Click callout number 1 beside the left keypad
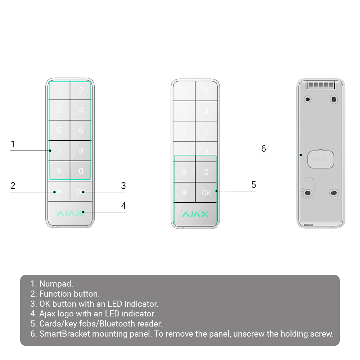pyautogui.click(x=13, y=144)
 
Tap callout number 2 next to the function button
pyautogui.click(x=13, y=185)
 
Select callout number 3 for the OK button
pyautogui.click(x=123, y=185)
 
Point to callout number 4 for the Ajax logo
pyautogui.click(x=123, y=206)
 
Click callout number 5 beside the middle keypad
pyautogui.click(x=253, y=185)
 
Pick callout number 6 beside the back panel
pyautogui.click(x=264, y=149)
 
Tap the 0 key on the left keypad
pyautogui.click(x=81, y=171)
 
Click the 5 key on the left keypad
pyautogui.click(x=59, y=130)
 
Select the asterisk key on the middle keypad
pyautogui.click(x=184, y=192)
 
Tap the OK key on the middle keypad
pyautogui.click(x=206, y=193)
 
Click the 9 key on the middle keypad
pyautogui.click(x=184, y=172)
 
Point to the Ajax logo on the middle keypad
pyautogui.click(x=195, y=214)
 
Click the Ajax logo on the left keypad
pyautogui.click(x=70, y=213)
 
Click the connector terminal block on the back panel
pyautogui.click(x=321, y=85)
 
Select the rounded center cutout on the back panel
pyautogui.click(x=321, y=159)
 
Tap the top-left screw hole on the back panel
pyautogui.click(x=308, y=99)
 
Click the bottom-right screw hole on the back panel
pyautogui.click(x=334, y=193)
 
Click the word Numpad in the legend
pyautogui.click(x=56, y=284)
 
